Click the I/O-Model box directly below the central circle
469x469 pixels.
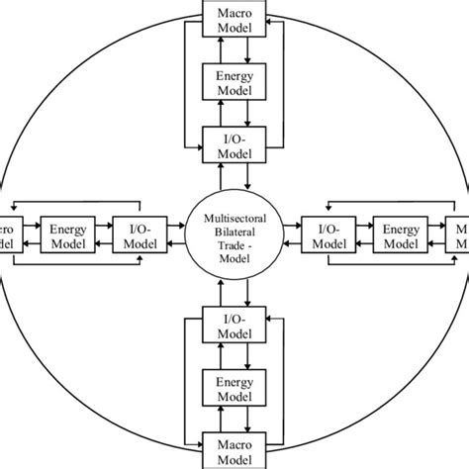click(x=234, y=324)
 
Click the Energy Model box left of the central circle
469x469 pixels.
click(x=67, y=234)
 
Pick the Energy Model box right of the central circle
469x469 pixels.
click(x=401, y=234)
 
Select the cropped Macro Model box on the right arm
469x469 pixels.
click(x=459, y=234)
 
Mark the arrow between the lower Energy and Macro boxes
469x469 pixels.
click(x=234, y=417)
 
